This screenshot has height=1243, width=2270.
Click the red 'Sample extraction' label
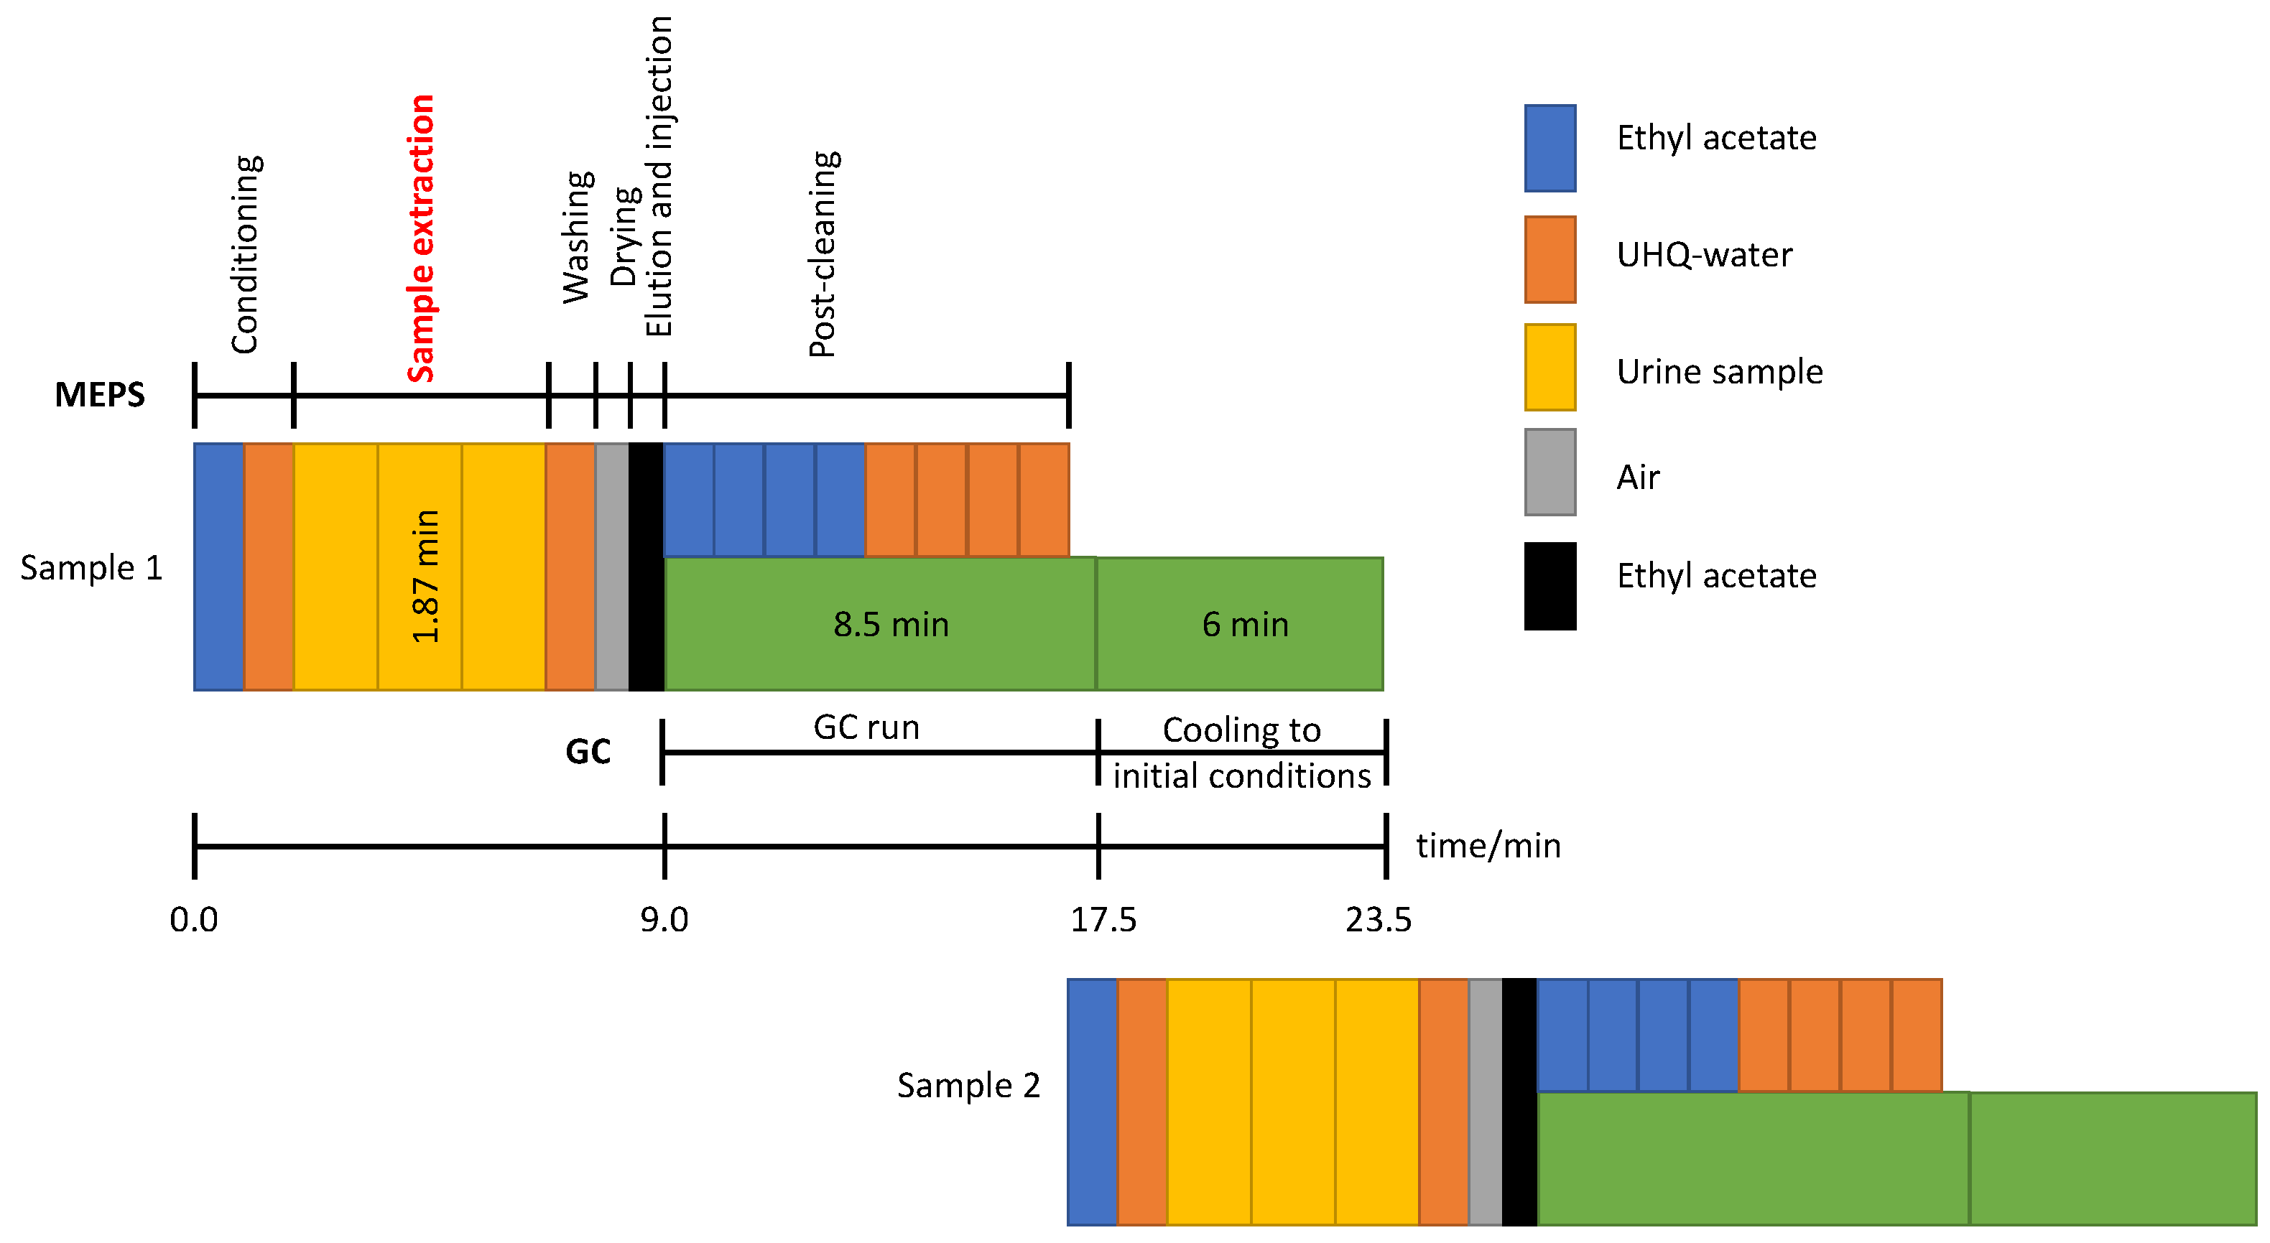tap(421, 238)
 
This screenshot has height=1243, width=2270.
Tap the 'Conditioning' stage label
tap(245, 255)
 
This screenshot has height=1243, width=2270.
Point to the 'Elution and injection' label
tap(659, 176)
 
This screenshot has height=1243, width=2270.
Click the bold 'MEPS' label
tap(100, 395)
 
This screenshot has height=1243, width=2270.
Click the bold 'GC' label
tap(588, 751)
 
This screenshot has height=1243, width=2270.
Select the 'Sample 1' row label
tap(92, 568)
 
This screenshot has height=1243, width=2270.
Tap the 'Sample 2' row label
tap(968, 1085)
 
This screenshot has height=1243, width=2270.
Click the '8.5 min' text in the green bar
tap(891, 625)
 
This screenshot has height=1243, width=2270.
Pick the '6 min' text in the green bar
tap(1245, 625)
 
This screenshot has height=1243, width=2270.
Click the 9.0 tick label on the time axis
tap(664, 920)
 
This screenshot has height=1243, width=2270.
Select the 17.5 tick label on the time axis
tap(1103, 920)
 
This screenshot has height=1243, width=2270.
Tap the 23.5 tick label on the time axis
tap(1379, 920)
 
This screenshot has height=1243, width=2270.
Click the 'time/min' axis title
tap(1488, 846)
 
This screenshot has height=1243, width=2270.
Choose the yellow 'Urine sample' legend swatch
tap(1550, 368)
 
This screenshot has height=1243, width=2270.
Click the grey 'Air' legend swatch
tap(1550, 472)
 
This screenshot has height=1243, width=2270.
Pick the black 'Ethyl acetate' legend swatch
tap(1550, 586)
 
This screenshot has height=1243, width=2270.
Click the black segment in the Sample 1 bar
tap(646, 567)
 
